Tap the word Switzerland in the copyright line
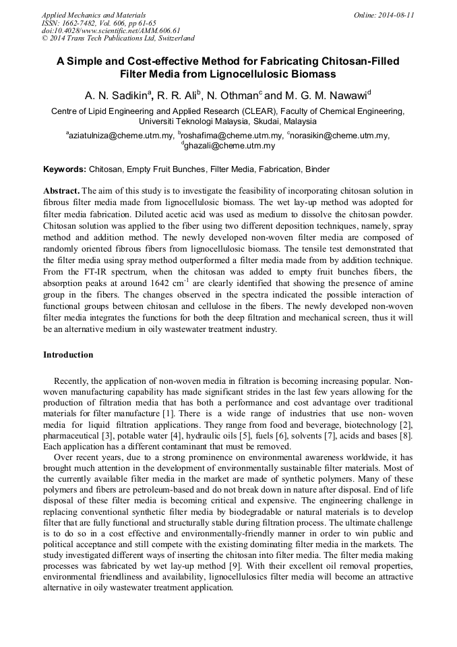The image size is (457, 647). coord(172,38)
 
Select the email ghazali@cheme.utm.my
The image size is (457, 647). coord(229,146)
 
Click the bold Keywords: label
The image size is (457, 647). coord(65,169)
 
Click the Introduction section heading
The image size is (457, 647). coord(68,354)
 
